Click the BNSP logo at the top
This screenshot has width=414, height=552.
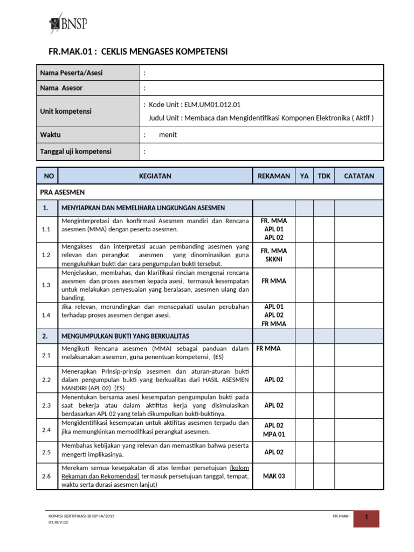pyautogui.click(x=68, y=23)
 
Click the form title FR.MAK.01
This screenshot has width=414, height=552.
pyautogui.click(x=139, y=52)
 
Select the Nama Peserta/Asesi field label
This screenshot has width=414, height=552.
pyautogui.click(x=71, y=73)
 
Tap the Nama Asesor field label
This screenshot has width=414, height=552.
pyautogui.click(x=61, y=88)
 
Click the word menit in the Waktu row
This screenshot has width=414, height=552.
pyautogui.click(x=168, y=135)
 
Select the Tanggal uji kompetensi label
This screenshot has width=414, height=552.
pyautogui.click(x=76, y=151)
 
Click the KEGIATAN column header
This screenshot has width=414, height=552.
pyautogui.click(x=155, y=176)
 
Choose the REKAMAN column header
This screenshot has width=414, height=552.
pyautogui.click(x=274, y=176)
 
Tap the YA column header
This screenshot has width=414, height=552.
pyautogui.click(x=305, y=176)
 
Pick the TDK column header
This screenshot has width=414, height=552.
pyautogui.click(x=324, y=176)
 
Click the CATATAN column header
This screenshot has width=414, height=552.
pyautogui.click(x=359, y=176)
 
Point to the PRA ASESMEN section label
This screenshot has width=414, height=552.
pyautogui.click(x=62, y=192)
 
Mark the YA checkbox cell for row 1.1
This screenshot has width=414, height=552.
pyautogui.click(x=305, y=229)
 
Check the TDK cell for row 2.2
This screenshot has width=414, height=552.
pyautogui.click(x=324, y=379)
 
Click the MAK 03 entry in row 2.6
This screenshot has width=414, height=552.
pyautogui.click(x=274, y=476)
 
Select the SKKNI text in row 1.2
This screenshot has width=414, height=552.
pyautogui.click(x=274, y=259)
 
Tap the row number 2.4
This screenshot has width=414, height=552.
pyautogui.click(x=46, y=430)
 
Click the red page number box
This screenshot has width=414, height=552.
pyautogui.click(x=366, y=518)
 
